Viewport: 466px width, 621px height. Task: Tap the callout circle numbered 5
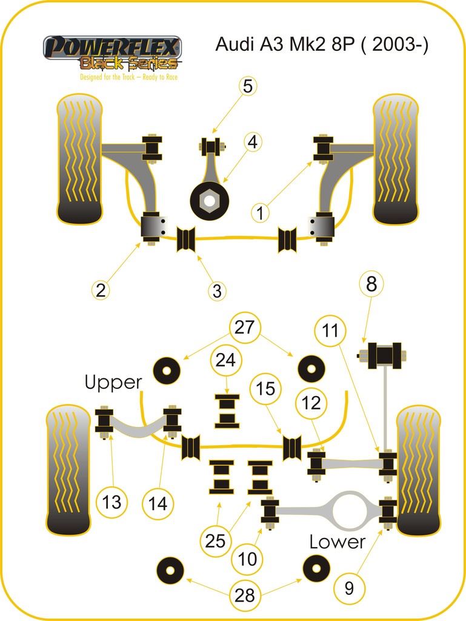[248, 86]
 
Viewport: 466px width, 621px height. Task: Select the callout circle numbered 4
[252, 142]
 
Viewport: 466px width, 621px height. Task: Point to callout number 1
[260, 213]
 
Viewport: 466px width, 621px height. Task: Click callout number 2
[101, 290]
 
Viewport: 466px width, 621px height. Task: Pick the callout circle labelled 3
[217, 290]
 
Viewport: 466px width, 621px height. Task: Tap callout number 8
[371, 284]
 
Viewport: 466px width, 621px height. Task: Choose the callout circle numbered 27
[244, 327]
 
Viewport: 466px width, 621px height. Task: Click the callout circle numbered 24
[225, 360]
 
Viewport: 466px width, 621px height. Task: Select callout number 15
[265, 389]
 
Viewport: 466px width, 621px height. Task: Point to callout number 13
[112, 502]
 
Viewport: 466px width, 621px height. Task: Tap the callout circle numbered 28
[245, 595]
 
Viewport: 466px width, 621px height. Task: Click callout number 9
[349, 588]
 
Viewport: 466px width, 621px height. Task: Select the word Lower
[337, 542]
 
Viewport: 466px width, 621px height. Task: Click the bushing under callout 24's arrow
[227, 411]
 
